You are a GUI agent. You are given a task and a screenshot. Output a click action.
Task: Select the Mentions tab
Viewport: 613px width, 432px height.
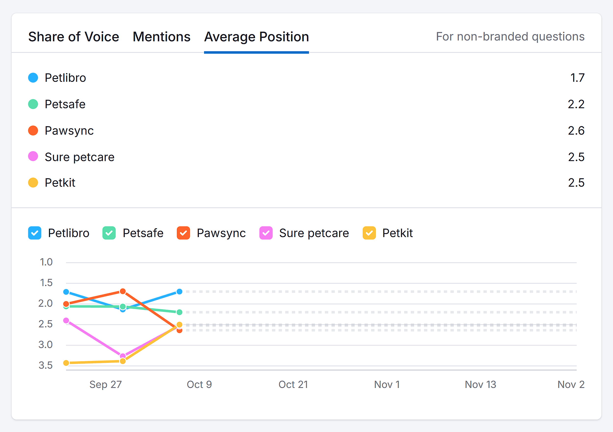click(x=161, y=37)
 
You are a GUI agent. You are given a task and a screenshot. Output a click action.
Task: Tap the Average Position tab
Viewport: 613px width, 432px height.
click(x=256, y=37)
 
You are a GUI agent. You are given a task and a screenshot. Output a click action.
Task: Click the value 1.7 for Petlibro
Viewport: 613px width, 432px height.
click(x=577, y=78)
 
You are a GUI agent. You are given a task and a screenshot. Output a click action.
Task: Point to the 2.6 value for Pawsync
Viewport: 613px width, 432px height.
click(x=576, y=131)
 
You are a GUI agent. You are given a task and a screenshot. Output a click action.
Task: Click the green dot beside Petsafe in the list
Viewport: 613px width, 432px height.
click(x=33, y=104)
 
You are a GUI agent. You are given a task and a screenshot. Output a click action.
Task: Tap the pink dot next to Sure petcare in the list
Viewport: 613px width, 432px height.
click(x=33, y=156)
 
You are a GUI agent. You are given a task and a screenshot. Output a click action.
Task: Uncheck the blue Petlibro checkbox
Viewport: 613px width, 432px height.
click(x=35, y=233)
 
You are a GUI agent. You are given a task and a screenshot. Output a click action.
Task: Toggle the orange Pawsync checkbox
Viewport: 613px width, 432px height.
click(x=183, y=233)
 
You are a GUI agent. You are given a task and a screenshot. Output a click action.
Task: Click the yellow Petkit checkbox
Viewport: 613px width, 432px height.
click(x=369, y=233)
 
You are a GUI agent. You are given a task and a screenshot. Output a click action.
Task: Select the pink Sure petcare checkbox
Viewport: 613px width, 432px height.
click(x=266, y=233)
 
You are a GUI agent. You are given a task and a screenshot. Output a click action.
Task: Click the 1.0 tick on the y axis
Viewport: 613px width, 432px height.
click(x=46, y=262)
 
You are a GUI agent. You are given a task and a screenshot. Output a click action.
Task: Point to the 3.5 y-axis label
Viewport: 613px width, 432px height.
click(x=46, y=365)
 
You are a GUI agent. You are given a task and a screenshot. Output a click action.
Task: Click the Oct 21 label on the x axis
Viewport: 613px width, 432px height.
click(x=293, y=384)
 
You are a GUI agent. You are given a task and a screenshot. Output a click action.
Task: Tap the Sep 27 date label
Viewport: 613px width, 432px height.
click(x=105, y=384)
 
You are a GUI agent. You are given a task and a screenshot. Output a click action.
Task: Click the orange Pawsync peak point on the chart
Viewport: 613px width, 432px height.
click(x=123, y=291)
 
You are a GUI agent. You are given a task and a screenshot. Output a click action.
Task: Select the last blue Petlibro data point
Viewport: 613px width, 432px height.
click(x=179, y=292)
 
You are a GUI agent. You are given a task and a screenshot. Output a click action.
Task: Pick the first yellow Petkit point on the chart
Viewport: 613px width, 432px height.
click(x=66, y=363)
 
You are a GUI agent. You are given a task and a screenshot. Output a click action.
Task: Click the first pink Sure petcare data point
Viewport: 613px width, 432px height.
click(x=66, y=320)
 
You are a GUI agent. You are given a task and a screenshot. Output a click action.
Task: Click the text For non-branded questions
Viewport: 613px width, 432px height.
click(x=510, y=37)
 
